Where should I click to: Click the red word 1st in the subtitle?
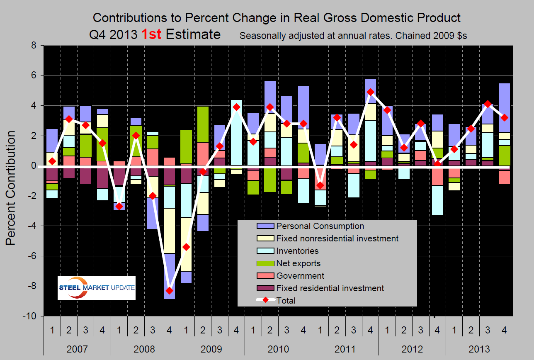click(x=151, y=34)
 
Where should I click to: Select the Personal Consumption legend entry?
click(x=320, y=226)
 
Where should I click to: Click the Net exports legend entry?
click(x=298, y=263)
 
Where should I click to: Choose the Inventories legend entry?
click(x=297, y=251)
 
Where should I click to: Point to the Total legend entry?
click(x=286, y=301)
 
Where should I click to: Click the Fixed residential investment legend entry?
click(x=330, y=288)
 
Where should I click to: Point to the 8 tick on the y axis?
click(x=35, y=46)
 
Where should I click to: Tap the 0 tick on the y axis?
click(x=35, y=166)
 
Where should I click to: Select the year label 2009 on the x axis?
click(x=211, y=348)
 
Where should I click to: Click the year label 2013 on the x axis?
click(x=479, y=348)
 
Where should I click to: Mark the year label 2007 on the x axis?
click(x=77, y=348)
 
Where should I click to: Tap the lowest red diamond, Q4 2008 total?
click(x=169, y=290)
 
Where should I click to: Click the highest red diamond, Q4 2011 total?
click(x=371, y=92)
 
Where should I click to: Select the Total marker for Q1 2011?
click(x=320, y=185)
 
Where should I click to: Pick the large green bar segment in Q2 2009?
click(x=203, y=124)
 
